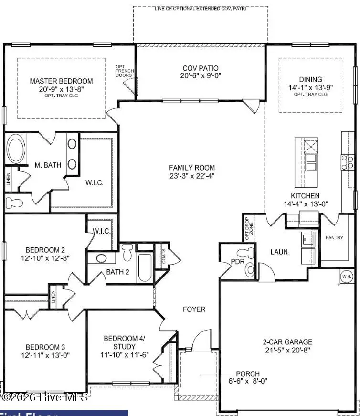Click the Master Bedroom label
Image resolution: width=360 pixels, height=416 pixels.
click(61, 81)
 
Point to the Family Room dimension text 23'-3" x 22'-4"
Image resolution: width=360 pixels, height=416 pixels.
click(192, 176)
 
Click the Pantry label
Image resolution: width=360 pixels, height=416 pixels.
click(334, 237)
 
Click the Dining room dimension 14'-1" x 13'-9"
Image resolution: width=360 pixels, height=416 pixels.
click(310, 88)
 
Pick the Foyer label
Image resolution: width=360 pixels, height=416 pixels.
click(194, 309)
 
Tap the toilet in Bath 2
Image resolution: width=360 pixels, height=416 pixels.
click(127, 252)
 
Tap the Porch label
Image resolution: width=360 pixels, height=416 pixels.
click(248, 373)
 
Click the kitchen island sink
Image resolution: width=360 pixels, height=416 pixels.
click(311, 162)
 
